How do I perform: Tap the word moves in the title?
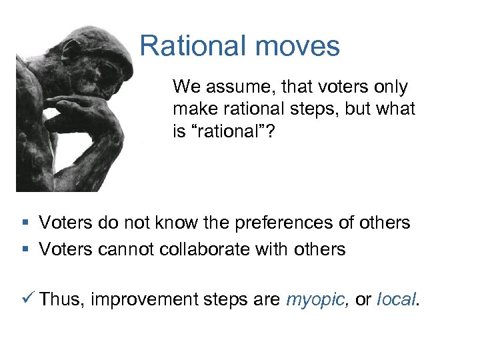pyautogui.click(x=297, y=47)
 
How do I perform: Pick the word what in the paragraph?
pyautogui.click(x=397, y=108)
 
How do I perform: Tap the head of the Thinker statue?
pyautogui.click(x=103, y=60)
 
